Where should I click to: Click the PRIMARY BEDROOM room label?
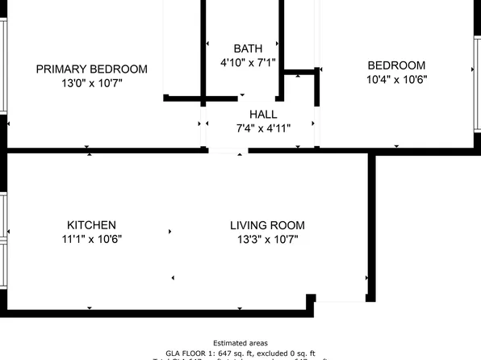(x=91, y=69)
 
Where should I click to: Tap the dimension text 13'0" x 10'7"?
(x=91, y=82)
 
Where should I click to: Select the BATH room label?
(x=248, y=48)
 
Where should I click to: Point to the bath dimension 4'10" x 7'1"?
(x=248, y=62)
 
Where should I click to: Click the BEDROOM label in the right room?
(x=396, y=65)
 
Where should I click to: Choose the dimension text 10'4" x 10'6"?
(x=396, y=79)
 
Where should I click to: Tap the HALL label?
(x=263, y=114)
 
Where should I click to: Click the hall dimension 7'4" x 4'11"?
(x=263, y=128)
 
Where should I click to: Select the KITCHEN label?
(x=91, y=225)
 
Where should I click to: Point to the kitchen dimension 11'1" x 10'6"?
(x=91, y=239)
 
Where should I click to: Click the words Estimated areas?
(x=240, y=343)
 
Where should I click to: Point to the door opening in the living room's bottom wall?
(x=340, y=300)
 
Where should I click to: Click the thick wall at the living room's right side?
(x=372, y=226)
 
